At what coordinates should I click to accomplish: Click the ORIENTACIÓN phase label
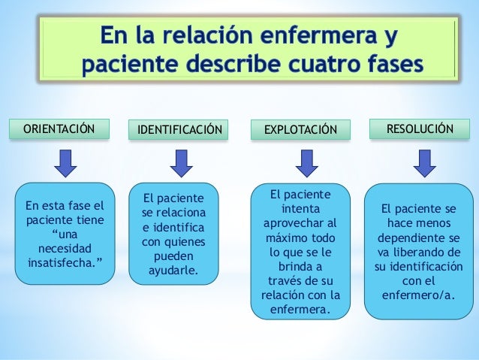pos(59,129)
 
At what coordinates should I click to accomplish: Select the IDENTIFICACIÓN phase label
pos(178,129)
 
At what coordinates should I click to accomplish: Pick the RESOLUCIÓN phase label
pos(419,129)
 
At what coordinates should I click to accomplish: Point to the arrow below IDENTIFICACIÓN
pos(179,162)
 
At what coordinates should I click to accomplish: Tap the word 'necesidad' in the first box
pos(65,249)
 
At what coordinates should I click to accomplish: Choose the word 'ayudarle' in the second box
pos(174,269)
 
